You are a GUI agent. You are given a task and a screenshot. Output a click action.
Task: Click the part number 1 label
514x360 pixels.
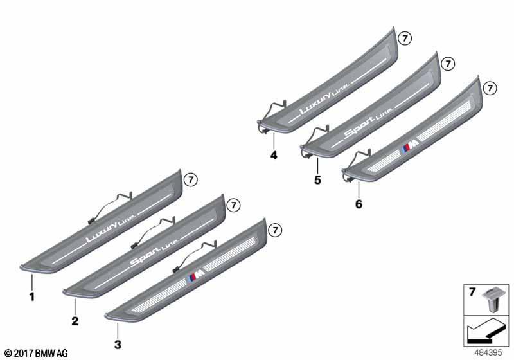click(31, 297)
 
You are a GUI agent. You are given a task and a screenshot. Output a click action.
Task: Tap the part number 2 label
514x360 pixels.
click(75, 321)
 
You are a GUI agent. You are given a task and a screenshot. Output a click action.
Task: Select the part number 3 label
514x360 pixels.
click(118, 345)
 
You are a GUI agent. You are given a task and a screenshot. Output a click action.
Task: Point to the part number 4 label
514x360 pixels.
click(274, 155)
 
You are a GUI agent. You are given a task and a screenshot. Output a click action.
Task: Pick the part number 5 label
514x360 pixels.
click(317, 179)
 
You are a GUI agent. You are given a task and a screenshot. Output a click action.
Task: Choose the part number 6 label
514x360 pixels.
click(359, 204)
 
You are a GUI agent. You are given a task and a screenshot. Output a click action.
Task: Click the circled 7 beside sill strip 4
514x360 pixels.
click(405, 39)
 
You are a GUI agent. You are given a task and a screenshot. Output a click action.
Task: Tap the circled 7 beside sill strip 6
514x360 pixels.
click(490, 88)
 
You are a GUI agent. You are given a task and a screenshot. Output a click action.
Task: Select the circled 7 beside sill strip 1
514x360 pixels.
click(191, 179)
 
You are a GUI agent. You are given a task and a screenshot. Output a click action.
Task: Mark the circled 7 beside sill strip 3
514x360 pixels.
click(275, 230)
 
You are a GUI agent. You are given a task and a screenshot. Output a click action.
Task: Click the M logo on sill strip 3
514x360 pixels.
click(197, 278)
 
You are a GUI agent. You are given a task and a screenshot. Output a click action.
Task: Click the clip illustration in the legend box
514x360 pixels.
click(492, 299)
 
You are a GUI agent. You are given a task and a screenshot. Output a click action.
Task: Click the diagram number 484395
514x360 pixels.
click(488, 353)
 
